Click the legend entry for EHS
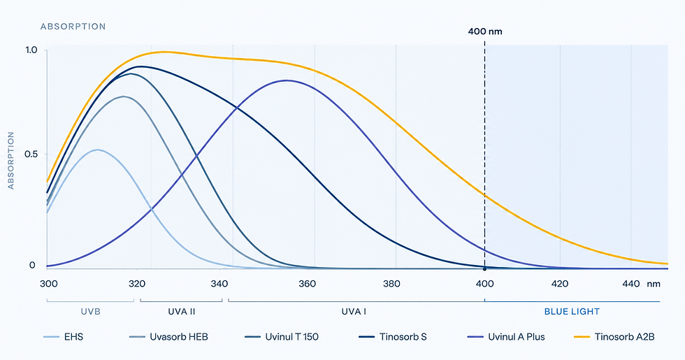64,337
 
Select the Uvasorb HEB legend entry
169,337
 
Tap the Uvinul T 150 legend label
282,337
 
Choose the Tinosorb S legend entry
393,337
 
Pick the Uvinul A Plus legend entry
506,337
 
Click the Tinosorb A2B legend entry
614,337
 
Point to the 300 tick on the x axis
48,284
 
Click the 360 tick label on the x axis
307,284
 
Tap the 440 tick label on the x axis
631,284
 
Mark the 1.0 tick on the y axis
31,50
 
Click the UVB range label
91,312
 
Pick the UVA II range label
182,312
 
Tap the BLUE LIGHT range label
572,312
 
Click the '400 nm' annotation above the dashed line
485,31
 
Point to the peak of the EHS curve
98,150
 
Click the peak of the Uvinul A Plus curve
287,80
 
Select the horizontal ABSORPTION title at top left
73,27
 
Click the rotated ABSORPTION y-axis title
11,160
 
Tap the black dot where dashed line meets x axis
484,268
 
